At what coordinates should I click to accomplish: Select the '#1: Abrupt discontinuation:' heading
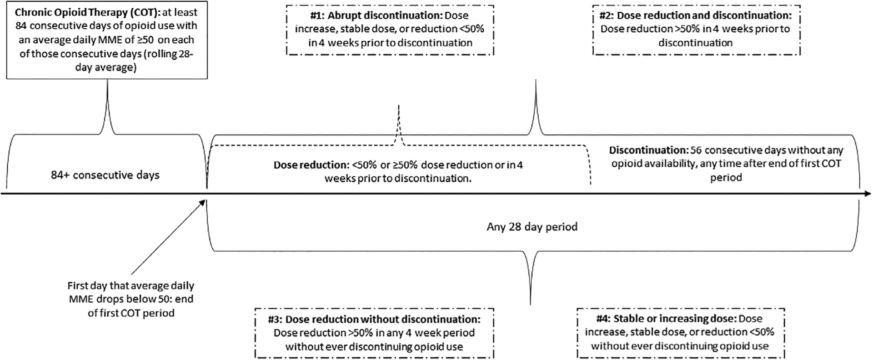click(376, 15)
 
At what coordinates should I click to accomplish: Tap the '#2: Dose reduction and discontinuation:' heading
click(696, 15)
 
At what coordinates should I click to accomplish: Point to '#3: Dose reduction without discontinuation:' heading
click(374, 319)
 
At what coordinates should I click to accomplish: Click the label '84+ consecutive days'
click(105, 175)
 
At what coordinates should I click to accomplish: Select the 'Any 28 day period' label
click(532, 226)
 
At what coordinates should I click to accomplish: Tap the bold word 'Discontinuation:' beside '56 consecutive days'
click(648, 150)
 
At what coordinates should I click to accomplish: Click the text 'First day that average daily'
click(131, 286)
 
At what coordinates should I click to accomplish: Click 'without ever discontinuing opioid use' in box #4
click(680, 346)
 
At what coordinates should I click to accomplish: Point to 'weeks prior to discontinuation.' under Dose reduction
click(397, 178)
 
